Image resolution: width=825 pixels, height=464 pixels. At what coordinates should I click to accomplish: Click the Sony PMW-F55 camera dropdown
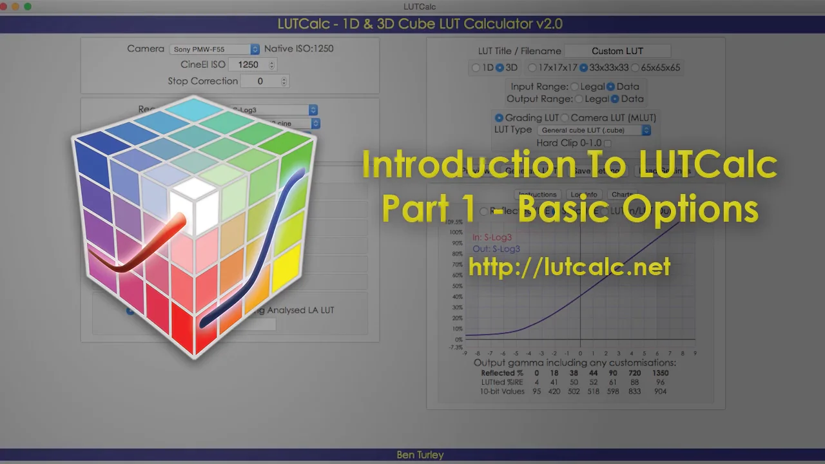pos(215,49)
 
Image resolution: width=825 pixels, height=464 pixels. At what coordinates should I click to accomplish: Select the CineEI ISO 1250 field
pos(253,64)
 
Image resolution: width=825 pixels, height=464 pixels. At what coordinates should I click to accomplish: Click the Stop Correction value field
pos(264,81)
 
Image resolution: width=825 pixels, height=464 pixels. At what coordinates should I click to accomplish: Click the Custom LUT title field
pos(617,51)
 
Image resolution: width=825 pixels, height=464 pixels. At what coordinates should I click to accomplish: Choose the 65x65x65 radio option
pos(635,68)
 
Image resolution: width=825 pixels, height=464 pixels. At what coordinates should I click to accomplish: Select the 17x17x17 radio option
pos(532,68)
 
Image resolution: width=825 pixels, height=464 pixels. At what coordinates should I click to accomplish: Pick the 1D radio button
pos(476,68)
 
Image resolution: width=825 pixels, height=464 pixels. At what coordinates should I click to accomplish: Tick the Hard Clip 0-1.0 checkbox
pos(607,143)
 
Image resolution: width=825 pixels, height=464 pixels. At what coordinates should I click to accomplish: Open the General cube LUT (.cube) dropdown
pos(594,130)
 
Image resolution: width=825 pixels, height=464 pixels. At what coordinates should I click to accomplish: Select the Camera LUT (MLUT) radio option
pos(565,118)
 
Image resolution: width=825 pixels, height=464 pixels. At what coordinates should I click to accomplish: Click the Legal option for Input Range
pos(574,86)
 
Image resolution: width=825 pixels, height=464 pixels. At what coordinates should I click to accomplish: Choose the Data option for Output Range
pos(615,99)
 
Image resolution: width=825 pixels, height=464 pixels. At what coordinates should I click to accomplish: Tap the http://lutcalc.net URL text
pos(569,267)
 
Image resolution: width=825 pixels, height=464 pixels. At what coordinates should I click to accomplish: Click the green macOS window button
pos(28,6)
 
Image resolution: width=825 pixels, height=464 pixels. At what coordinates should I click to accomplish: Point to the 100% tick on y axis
pos(456,232)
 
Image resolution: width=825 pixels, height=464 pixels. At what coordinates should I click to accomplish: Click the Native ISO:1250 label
pos(299,49)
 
